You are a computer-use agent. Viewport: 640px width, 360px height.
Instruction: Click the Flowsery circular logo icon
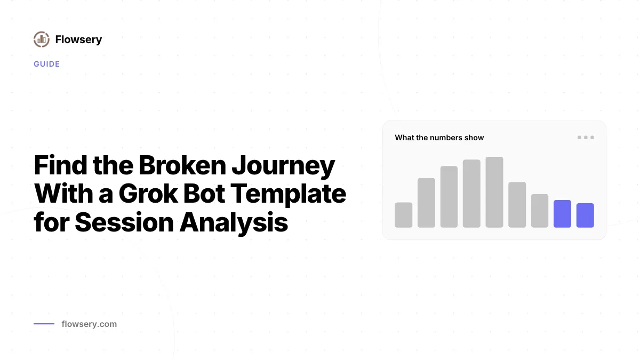click(42, 39)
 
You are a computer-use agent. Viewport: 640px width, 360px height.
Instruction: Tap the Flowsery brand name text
click(78, 39)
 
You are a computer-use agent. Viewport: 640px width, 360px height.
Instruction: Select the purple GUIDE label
click(47, 64)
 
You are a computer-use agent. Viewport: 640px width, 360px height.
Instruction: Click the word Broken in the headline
click(182, 165)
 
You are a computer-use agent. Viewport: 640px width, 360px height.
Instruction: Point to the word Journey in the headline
click(283, 167)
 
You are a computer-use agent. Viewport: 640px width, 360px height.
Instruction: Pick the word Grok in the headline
click(148, 194)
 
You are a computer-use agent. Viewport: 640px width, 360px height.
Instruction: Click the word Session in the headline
click(124, 222)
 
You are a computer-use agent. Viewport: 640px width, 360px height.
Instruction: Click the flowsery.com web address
click(89, 324)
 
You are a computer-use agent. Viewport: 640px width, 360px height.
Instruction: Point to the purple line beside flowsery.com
click(44, 324)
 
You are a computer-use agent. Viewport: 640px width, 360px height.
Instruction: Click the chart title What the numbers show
click(439, 138)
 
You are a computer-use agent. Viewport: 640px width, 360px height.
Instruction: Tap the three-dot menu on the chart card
click(586, 138)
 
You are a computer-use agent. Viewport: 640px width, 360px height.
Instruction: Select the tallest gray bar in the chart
click(494, 192)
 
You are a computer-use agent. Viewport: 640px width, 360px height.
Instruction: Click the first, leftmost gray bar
click(403, 215)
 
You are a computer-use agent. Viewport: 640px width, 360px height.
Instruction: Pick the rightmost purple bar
click(585, 215)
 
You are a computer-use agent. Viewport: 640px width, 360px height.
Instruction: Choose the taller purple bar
click(562, 214)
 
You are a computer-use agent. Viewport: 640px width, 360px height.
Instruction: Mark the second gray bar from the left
click(426, 203)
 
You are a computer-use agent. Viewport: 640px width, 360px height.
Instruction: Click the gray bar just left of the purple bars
click(540, 211)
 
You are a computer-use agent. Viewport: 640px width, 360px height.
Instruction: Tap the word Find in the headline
click(60, 165)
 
